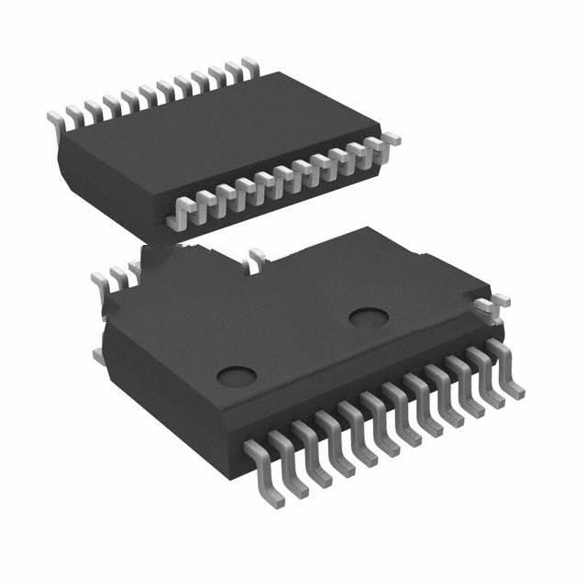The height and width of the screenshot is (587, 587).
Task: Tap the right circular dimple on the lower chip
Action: click(369, 318)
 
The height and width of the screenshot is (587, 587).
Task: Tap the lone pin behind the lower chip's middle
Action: click(253, 259)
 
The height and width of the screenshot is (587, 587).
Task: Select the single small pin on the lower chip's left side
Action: click(96, 353)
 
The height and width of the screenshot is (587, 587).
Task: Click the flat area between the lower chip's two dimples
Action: click(303, 347)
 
